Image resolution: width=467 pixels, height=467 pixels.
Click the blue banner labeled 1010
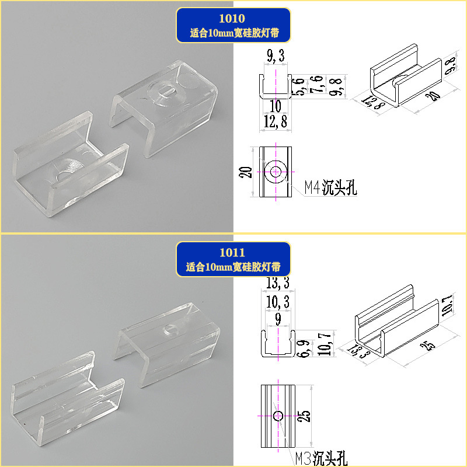(x=233, y=25)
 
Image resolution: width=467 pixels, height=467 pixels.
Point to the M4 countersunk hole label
(x=330, y=188)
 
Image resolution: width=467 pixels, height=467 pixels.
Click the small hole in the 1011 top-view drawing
(x=278, y=416)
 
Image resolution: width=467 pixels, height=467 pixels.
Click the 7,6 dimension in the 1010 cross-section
(x=316, y=86)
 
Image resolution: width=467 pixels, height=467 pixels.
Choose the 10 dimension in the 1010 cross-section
(x=275, y=107)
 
